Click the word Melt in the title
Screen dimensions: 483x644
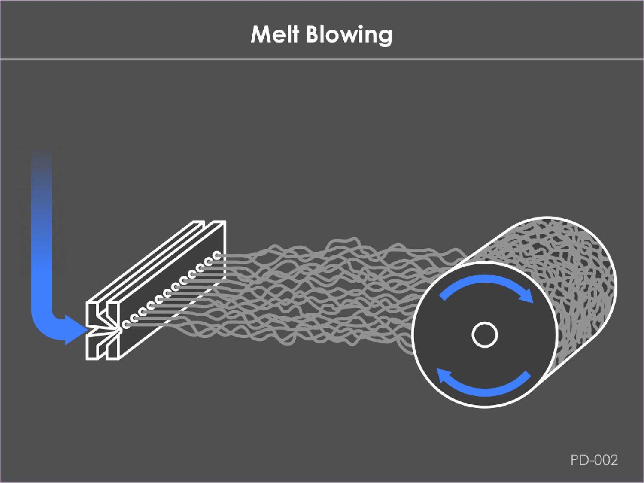(274, 34)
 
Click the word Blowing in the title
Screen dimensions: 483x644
(349, 34)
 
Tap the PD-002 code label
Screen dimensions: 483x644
(594, 460)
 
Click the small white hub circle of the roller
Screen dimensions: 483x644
(485, 334)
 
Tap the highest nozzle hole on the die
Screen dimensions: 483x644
(217, 256)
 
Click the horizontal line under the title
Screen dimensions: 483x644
(322, 59)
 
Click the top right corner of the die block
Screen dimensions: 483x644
(225, 222)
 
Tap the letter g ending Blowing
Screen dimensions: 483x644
(385, 36)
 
